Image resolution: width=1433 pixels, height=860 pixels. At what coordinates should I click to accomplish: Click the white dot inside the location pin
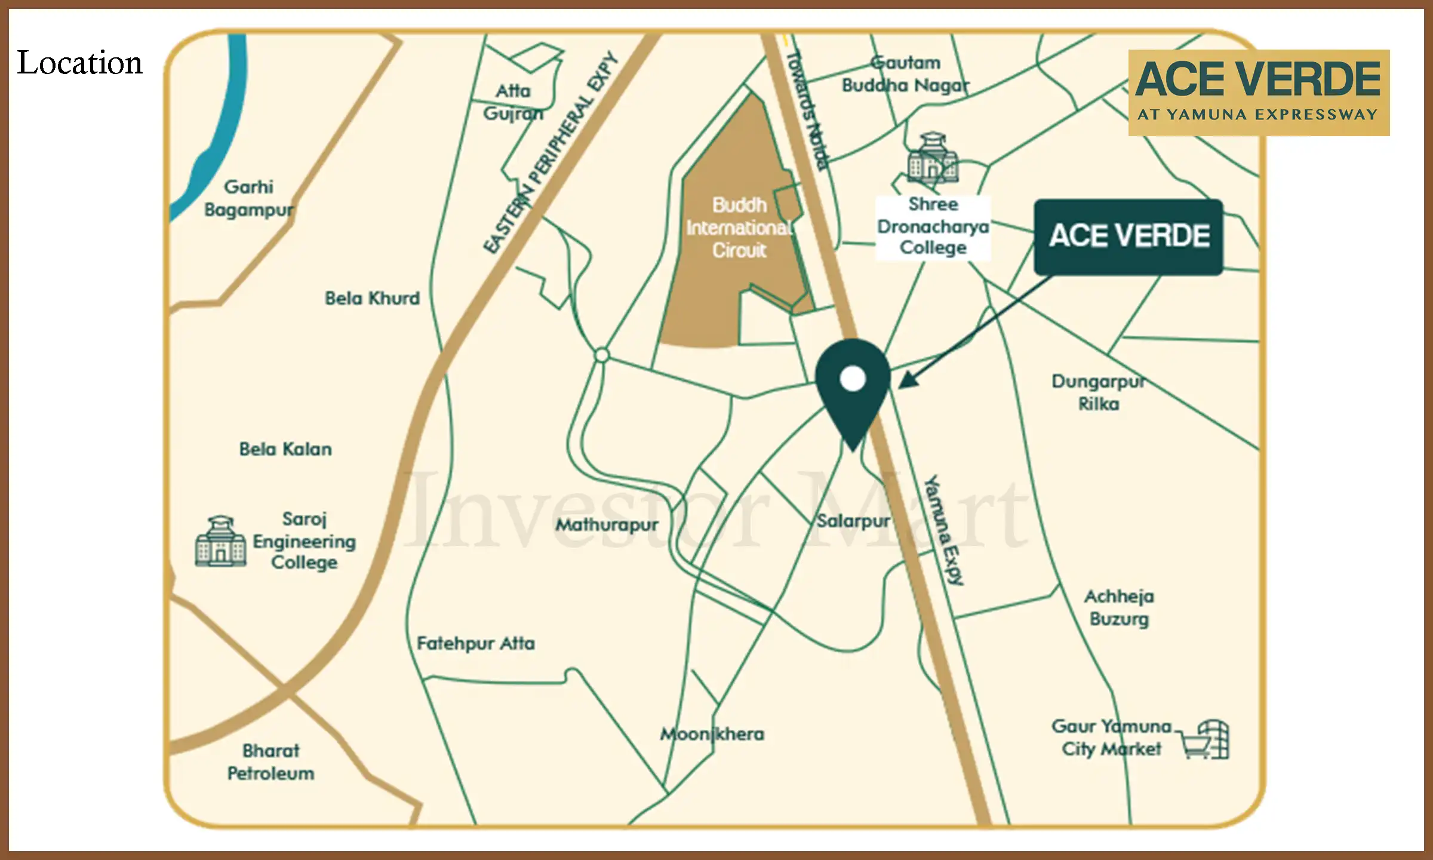tap(853, 378)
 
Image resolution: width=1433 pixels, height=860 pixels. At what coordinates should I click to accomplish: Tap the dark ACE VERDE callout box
tap(1128, 236)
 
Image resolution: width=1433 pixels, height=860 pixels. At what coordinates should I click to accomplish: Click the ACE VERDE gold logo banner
tap(1259, 93)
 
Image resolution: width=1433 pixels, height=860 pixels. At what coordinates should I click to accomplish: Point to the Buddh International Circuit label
tap(739, 228)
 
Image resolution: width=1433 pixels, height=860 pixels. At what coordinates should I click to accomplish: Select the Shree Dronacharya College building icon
tap(933, 158)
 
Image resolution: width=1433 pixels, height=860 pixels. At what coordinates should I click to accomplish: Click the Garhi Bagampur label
tap(248, 198)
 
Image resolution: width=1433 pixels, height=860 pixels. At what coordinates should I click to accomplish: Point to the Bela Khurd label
tap(372, 298)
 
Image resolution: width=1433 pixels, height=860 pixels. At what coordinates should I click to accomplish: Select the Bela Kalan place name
tap(285, 449)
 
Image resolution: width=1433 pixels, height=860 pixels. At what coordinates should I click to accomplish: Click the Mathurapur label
tap(607, 525)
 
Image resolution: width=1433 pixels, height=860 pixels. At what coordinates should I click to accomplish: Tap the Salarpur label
tap(853, 521)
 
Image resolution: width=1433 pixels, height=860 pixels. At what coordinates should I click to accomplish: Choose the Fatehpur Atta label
tap(475, 643)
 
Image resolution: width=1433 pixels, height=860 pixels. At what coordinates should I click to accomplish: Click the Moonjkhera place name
tap(712, 734)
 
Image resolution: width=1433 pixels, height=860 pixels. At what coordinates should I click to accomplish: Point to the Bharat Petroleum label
tap(270, 762)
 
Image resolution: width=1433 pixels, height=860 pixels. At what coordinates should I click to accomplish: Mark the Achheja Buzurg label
tap(1119, 607)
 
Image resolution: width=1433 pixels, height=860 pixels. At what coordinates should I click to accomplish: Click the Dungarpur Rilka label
tap(1099, 392)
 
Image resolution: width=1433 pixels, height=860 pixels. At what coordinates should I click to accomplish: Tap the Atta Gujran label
tap(513, 102)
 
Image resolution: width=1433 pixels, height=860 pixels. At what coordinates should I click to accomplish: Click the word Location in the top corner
tap(79, 63)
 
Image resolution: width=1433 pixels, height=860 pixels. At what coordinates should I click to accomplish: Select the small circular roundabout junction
tap(602, 355)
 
